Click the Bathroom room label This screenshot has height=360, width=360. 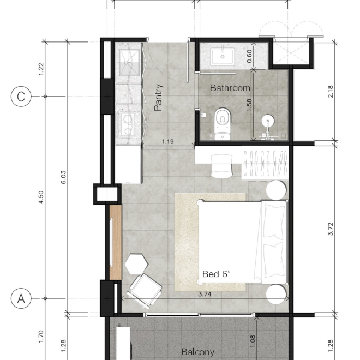pos(230,88)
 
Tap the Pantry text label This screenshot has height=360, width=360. pos(159,98)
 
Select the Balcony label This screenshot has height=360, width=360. pos(198,352)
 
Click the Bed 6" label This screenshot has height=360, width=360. pos(217,274)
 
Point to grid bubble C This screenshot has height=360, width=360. pos(21,97)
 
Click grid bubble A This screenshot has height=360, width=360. pos(21,298)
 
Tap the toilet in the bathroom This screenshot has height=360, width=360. pos(223,124)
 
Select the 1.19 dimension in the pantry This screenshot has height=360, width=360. pos(168,142)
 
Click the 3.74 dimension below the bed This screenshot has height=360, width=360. pos(205,294)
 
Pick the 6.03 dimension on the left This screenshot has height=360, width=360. pos(64,177)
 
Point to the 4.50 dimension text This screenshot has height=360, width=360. pos(41,197)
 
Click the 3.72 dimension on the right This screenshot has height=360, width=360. pos(331,229)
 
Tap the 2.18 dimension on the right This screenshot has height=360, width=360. pos(331,92)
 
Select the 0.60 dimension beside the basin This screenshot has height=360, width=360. pos(249,56)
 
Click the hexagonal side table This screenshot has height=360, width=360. pos(136,264)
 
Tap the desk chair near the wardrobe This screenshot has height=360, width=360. pos(221,166)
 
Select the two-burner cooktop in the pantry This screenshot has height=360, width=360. pos(127,124)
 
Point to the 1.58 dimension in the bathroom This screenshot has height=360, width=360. pos(249,105)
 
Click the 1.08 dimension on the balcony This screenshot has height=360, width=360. pos(252,341)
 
